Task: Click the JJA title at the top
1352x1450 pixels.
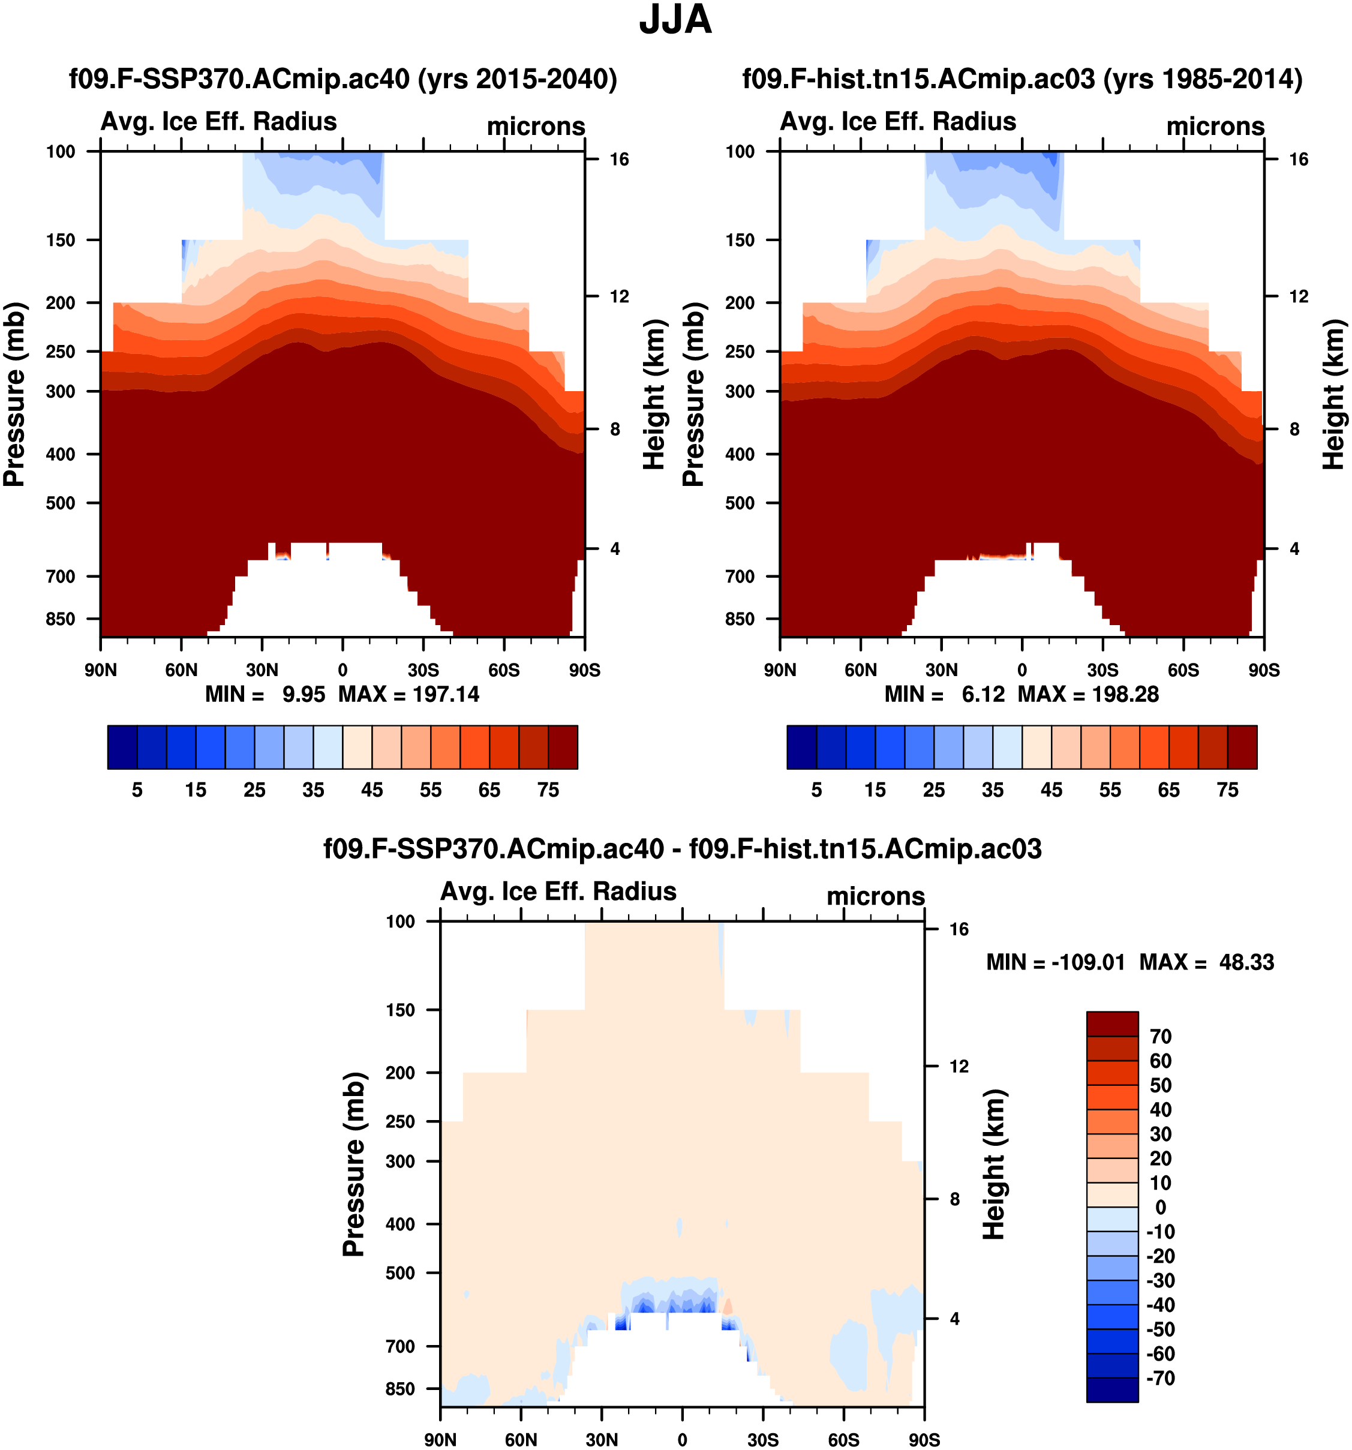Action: [675, 20]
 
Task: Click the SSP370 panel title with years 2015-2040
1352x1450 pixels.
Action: [342, 79]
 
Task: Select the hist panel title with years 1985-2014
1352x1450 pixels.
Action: [1021, 79]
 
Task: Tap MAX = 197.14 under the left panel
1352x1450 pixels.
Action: [408, 694]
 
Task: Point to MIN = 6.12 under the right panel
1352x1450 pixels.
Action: [944, 694]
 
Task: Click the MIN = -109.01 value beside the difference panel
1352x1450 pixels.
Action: [1055, 962]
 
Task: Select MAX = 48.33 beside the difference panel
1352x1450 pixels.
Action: [1207, 962]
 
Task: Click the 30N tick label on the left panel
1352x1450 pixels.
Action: [262, 670]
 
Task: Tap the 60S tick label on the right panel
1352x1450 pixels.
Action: [1183, 670]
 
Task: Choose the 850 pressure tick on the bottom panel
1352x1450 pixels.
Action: [400, 1389]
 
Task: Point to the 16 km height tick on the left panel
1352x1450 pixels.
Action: [619, 160]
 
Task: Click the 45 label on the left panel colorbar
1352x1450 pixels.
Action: [372, 790]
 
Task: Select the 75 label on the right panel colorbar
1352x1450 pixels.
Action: [1227, 790]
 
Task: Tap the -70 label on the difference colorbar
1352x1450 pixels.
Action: [1160, 1378]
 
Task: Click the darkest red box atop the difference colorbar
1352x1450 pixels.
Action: [1112, 1024]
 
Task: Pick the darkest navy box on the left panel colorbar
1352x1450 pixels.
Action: [122, 747]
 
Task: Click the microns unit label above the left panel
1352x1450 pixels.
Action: [536, 126]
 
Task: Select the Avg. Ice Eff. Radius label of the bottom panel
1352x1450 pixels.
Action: [558, 891]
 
